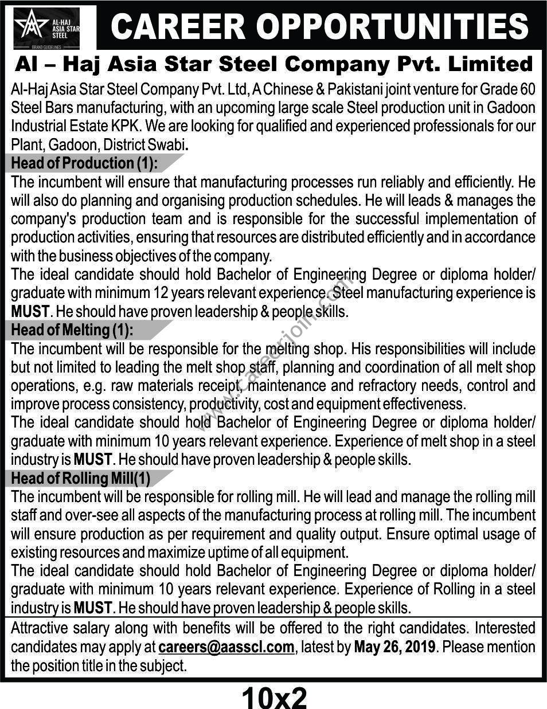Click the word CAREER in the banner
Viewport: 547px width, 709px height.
(x=175, y=26)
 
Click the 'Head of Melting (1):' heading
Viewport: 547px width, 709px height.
(x=72, y=330)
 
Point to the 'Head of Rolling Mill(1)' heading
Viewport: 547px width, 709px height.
(x=81, y=478)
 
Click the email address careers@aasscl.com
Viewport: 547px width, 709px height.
(x=226, y=647)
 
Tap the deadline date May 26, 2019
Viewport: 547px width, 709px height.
(x=395, y=647)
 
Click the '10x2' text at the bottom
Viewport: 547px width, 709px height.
(x=274, y=697)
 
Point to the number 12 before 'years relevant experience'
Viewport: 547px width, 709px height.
(x=161, y=293)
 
